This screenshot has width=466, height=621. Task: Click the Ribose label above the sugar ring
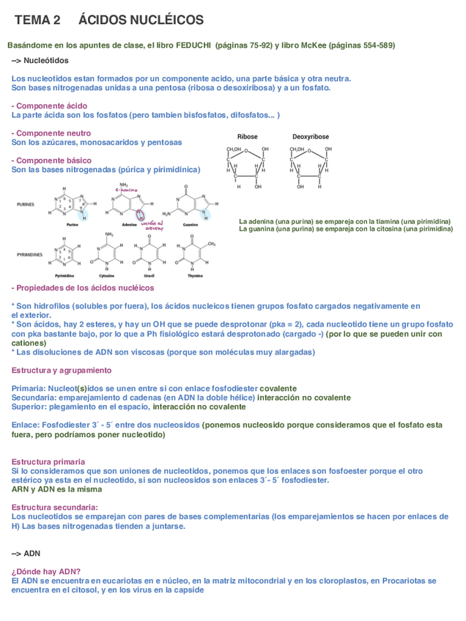tap(248, 137)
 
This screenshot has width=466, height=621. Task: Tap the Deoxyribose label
tap(311, 137)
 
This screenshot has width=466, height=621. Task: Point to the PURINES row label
tap(26, 204)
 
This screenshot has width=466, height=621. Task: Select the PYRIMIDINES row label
tap(29, 254)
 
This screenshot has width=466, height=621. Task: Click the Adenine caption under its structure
tap(127, 225)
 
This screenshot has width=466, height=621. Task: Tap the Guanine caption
tap(191, 225)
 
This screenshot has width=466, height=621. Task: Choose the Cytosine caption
tap(107, 275)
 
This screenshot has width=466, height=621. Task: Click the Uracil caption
tap(149, 275)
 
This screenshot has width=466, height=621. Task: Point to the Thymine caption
tap(195, 275)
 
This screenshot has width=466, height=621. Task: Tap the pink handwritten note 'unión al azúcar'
tap(152, 226)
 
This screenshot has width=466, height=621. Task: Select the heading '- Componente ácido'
tap(49, 106)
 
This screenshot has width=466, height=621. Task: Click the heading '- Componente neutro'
tap(51, 133)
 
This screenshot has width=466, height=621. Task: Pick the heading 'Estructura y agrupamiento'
tap(62, 370)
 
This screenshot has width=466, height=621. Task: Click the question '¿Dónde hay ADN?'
tap(46, 571)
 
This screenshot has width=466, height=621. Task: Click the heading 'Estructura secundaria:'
tap(55, 507)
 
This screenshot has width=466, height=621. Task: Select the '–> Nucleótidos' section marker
tap(40, 60)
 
